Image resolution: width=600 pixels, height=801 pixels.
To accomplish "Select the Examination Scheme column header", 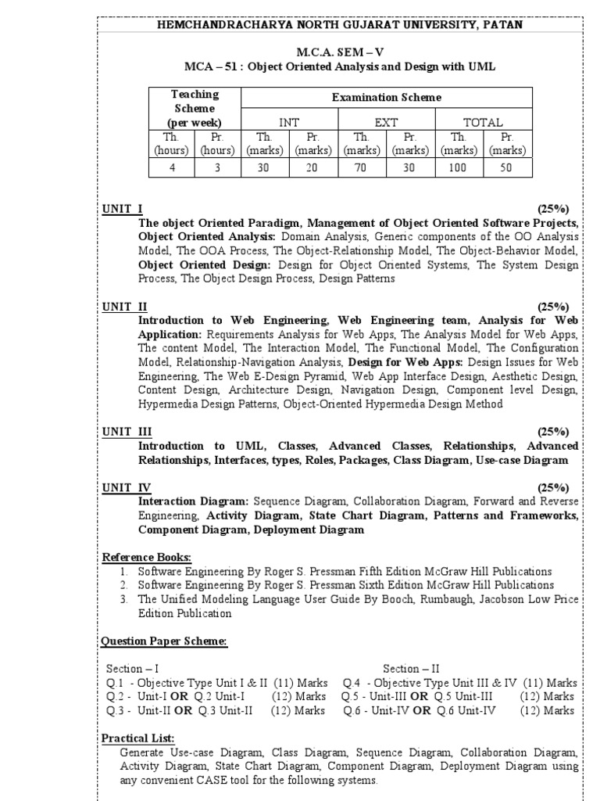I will tap(386, 98).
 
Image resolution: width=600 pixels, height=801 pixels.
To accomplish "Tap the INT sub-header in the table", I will tap(289, 122).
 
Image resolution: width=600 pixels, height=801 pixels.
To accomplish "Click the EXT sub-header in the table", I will tap(386, 122).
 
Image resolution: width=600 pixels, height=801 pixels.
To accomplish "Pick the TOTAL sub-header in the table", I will tap(483, 122).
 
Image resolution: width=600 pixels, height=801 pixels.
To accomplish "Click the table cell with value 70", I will tap(362, 167).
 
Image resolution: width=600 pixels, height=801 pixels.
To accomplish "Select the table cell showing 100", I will tap(459, 167).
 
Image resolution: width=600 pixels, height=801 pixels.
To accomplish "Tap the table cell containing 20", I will tap(313, 167).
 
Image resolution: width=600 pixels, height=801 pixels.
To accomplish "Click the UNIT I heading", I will tap(122, 209).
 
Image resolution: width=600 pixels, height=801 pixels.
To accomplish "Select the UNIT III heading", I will tap(127, 431).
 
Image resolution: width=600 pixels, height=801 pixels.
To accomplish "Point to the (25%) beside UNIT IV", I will tap(553, 487).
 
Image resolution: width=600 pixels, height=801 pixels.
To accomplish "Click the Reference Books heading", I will tap(146, 556).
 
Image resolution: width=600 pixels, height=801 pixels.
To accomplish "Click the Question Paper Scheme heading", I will tap(164, 641).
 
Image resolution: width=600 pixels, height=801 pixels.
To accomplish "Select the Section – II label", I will tap(411, 669).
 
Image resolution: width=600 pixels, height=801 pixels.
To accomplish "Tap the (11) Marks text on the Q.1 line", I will tap(299, 683).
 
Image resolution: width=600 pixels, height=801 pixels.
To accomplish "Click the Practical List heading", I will tap(138, 738).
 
